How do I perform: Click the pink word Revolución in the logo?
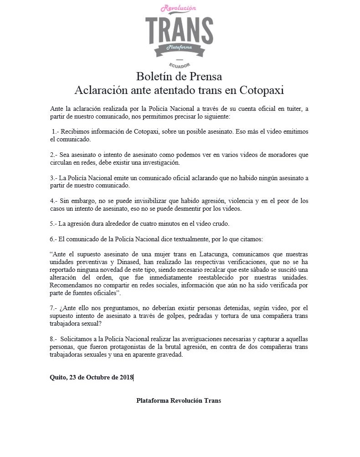(179, 9)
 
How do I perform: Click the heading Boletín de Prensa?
(179, 76)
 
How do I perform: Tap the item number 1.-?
(56, 131)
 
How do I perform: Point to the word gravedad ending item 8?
(168, 355)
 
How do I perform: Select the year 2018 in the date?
(125, 377)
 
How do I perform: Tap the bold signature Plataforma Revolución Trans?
(179, 400)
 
